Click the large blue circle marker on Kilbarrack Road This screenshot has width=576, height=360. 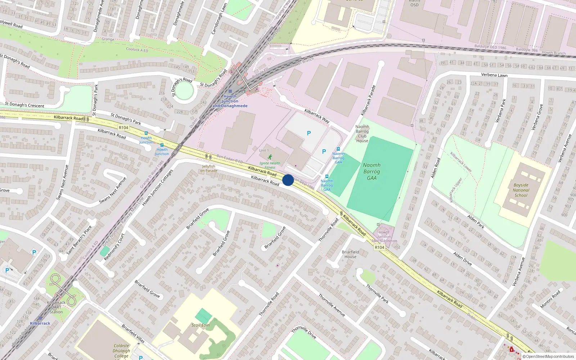click(x=288, y=180)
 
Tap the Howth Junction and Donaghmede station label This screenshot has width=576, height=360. click(x=230, y=101)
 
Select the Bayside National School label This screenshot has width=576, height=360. click(x=521, y=190)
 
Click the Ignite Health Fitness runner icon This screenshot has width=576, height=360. click(x=270, y=157)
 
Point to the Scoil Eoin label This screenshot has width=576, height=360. click(x=201, y=325)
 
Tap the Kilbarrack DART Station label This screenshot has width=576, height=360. click(x=56, y=307)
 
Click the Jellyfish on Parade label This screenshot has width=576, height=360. click(x=209, y=168)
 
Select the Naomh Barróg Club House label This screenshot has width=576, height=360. click(x=362, y=134)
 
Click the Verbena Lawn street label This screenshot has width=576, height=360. click(x=494, y=75)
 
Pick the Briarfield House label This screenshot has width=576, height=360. click(x=350, y=254)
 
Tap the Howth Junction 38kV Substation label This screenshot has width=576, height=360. click(x=384, y=237)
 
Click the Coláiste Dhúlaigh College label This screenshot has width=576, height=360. click(x=121, y=351)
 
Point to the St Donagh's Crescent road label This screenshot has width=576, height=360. click(x=24, y=105)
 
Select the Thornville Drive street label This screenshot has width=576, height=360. click(x=304, y=333)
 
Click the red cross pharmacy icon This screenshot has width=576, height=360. click(x=512, y=349)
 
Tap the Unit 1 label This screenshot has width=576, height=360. click(x=264, y=150)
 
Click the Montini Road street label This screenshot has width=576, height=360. click(x=550, y=299)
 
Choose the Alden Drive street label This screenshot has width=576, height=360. click(x=463, y=258)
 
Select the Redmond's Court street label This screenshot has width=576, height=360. click(x=114, y=247)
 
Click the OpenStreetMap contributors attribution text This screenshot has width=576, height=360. click(x=550, y=357)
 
